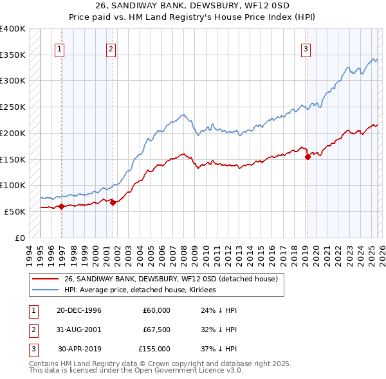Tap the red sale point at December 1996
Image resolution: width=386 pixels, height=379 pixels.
coord(62,206)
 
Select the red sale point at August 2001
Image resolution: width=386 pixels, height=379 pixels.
coord(113,202)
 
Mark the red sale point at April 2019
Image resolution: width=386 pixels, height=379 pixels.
coord(308,156)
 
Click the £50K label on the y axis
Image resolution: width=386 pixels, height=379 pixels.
coord(15,211)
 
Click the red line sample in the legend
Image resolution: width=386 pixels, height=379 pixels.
coord(45,279)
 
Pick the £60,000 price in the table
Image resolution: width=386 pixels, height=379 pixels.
coord(156,310)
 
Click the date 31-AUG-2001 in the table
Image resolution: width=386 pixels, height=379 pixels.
coord(79,330)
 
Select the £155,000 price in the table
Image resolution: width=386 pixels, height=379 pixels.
coord(154,349)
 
